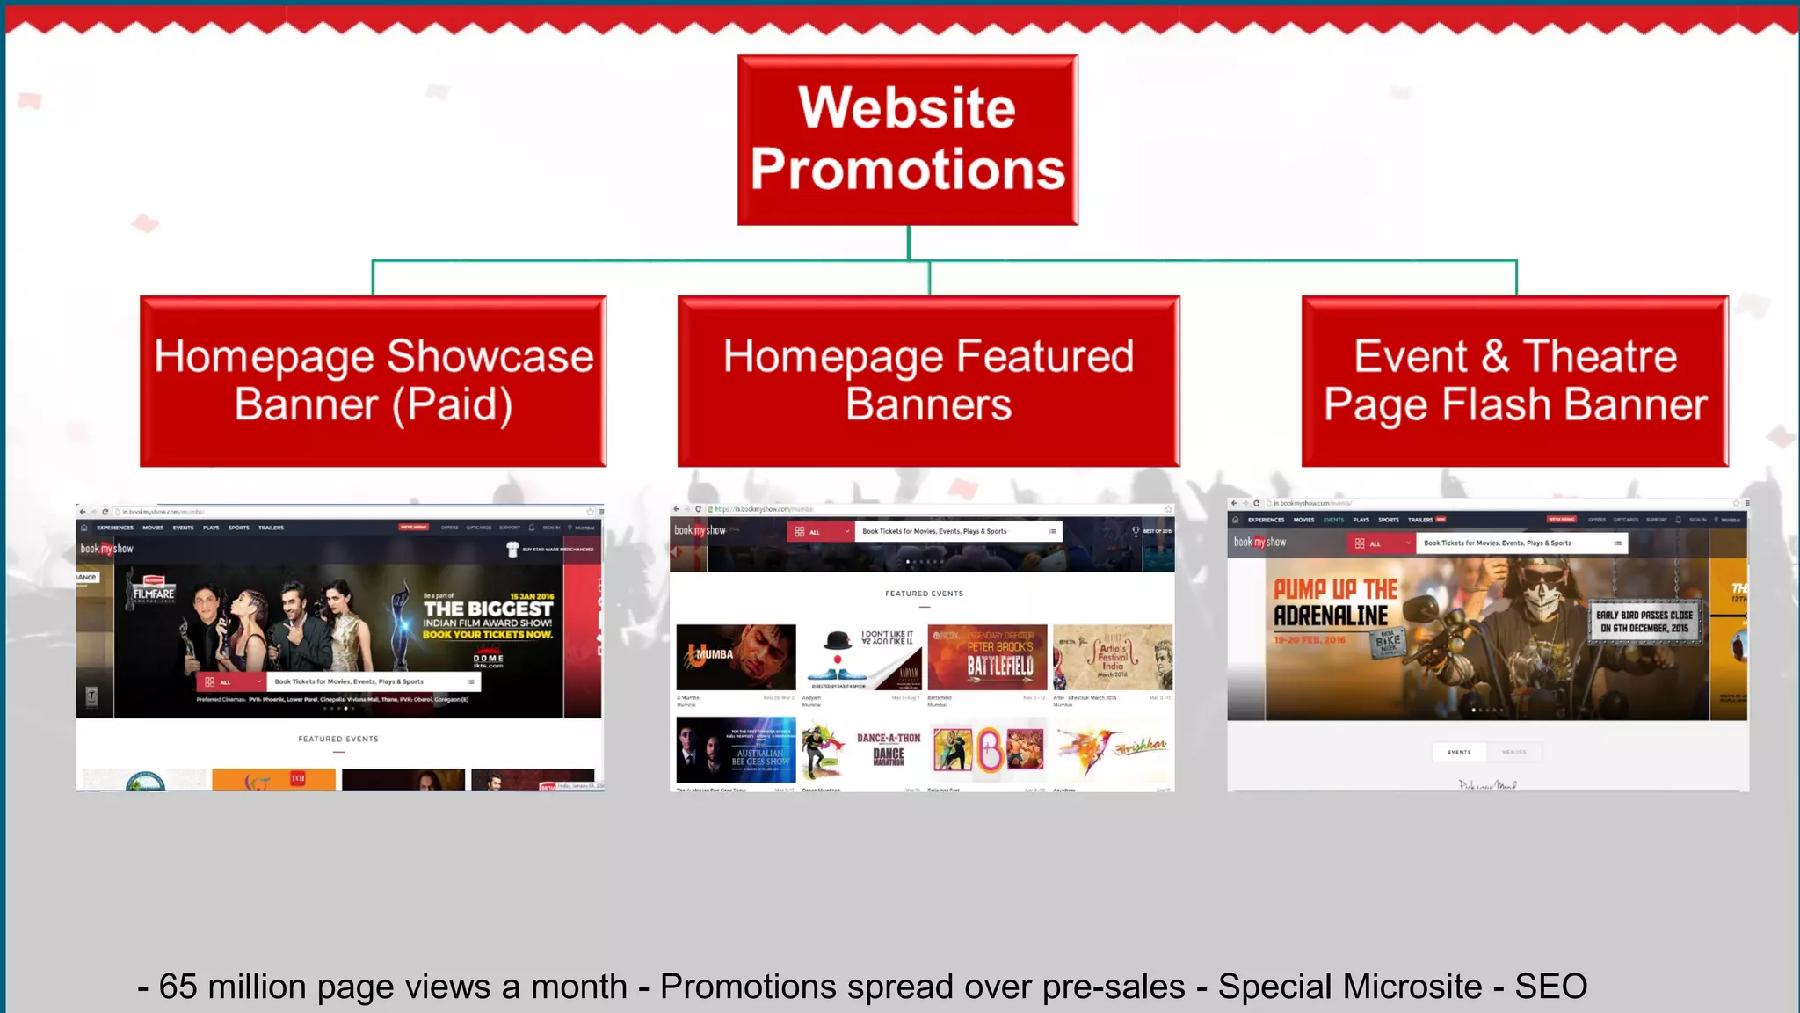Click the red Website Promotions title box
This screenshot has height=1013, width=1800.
907,139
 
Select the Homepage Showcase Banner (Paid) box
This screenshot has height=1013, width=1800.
374,381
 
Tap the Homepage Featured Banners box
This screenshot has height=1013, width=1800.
928,381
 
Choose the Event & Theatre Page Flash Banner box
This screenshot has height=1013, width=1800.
1514,381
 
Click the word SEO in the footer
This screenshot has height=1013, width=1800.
1550,987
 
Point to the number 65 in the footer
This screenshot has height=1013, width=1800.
178,987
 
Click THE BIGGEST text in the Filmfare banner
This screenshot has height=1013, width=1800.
488,609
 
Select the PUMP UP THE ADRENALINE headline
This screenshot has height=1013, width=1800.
1334,602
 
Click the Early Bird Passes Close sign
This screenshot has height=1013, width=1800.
1644,622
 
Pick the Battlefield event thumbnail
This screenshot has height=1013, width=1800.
987,657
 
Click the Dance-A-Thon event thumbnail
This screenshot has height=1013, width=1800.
888,749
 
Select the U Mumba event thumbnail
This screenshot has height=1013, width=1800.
736,657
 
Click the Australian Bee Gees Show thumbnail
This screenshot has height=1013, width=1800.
736,749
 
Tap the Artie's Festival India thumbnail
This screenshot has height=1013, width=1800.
1112,657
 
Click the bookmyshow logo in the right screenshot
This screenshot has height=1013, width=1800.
1259,543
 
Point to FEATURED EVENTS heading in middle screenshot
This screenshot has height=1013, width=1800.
924,594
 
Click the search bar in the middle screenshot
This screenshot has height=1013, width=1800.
954,531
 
